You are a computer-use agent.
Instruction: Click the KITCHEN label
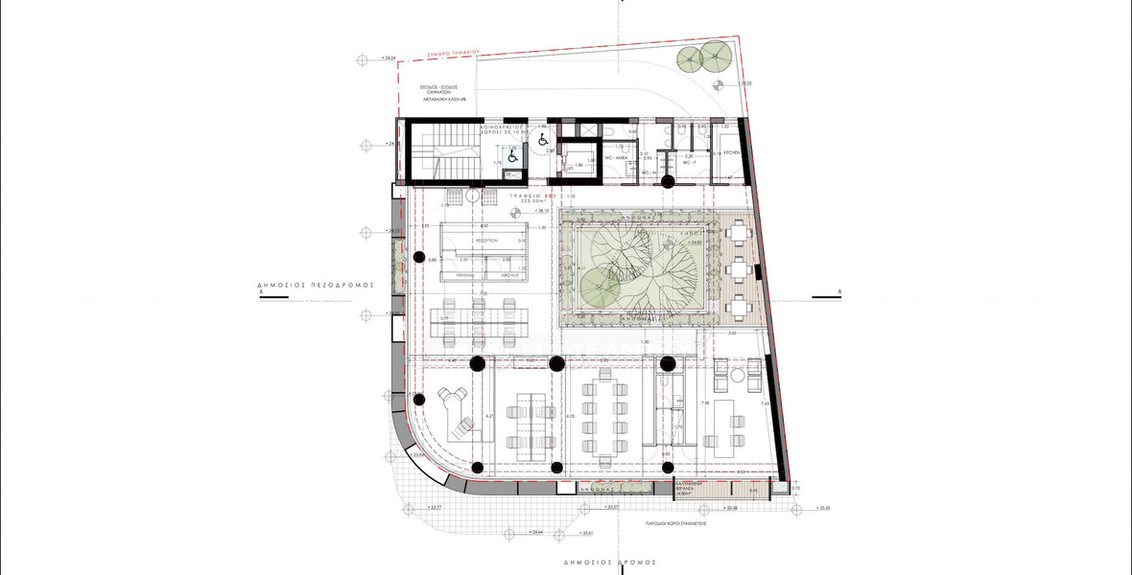731,153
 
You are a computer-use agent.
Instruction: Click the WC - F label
688,163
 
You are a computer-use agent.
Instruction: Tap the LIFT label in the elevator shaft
568,169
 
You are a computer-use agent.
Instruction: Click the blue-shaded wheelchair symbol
513,153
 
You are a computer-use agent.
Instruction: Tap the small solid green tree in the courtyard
597,284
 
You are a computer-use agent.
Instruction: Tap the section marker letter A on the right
839,290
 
